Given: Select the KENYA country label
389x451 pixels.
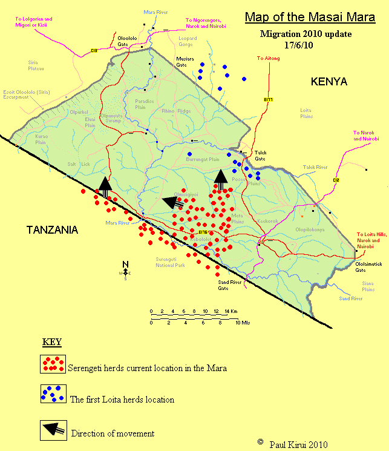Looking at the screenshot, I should click(x=329, y=82).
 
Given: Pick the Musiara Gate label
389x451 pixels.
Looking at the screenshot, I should click(x=185, y=62).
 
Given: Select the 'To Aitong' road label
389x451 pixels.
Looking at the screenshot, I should click(x=269, y=58).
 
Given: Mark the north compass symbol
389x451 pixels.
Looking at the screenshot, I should click(x=126, y=270).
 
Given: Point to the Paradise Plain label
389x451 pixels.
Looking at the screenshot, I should click(x=145, y=104).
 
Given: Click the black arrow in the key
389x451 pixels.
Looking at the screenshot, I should click(x=53, y=429).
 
